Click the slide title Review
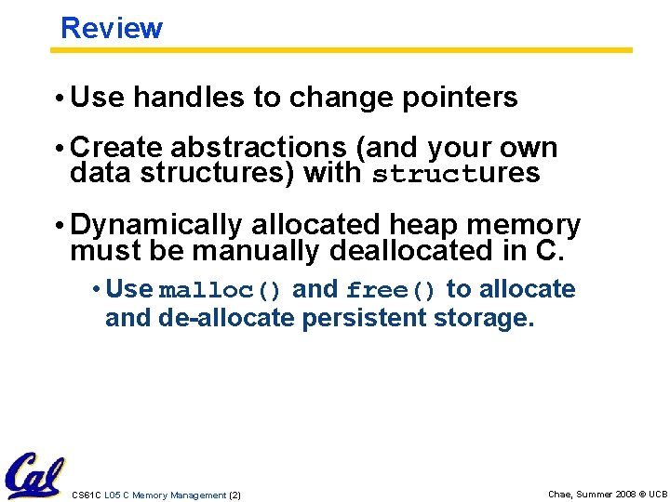[111, 28]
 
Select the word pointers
[461, 98]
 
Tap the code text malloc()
[221, 291]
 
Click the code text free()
[391, 291]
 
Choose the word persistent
[364, 318]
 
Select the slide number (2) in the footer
[234, 495]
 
